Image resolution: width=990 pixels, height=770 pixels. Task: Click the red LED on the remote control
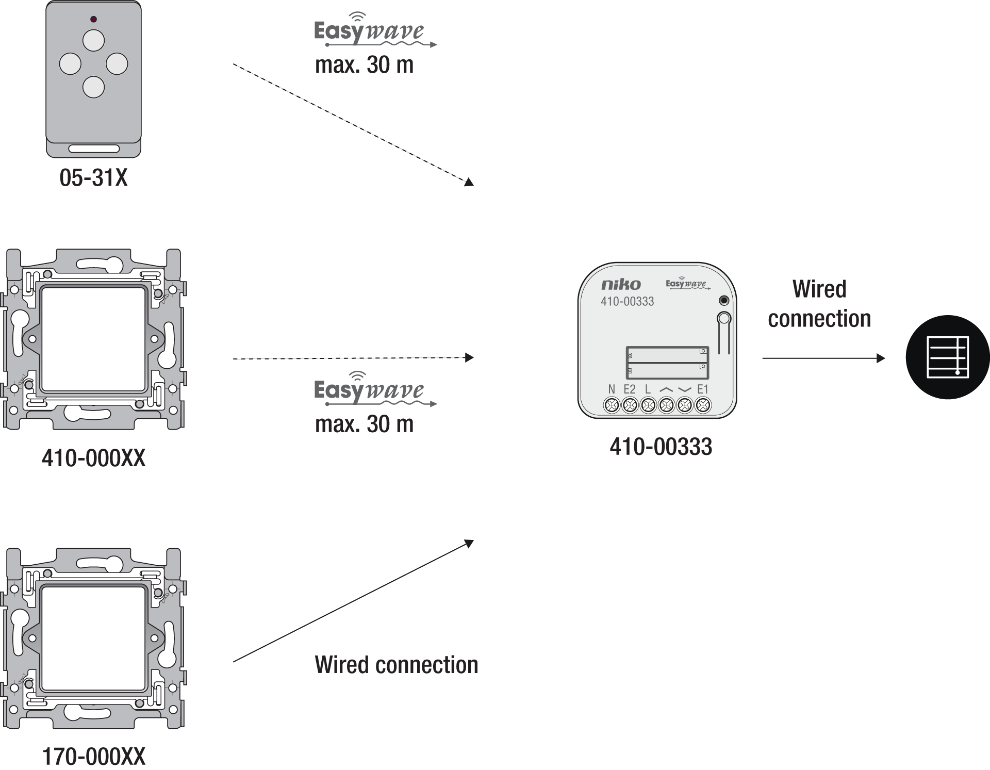point(93,20)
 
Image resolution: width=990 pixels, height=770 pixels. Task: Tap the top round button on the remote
point(93,40)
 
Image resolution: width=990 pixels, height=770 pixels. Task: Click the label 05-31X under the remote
point(93,178)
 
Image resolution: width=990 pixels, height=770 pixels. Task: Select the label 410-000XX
point(94,458)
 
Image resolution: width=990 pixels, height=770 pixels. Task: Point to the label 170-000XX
point(94,757)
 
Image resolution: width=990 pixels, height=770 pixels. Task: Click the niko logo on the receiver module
point(621,284)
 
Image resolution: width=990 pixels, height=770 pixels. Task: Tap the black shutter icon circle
point(948,357)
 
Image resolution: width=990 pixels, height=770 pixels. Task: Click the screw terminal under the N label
point(612,405)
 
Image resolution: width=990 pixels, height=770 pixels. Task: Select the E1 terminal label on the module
point(703,389)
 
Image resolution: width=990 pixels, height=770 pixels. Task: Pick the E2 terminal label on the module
point(630,389)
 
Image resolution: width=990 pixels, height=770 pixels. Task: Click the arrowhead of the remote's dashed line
point(469,182)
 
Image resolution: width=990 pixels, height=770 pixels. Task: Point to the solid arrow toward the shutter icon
point(823,358)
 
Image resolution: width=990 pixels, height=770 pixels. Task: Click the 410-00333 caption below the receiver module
point(661,447)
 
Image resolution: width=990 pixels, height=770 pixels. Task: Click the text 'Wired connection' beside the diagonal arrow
point(397,665)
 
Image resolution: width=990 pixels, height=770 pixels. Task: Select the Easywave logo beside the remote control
point(375,31)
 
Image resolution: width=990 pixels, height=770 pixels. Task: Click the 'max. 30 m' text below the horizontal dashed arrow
point(364,424)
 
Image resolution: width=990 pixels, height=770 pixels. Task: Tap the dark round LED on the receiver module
point(724,301)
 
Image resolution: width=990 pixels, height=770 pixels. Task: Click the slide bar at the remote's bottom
point(94,149)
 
